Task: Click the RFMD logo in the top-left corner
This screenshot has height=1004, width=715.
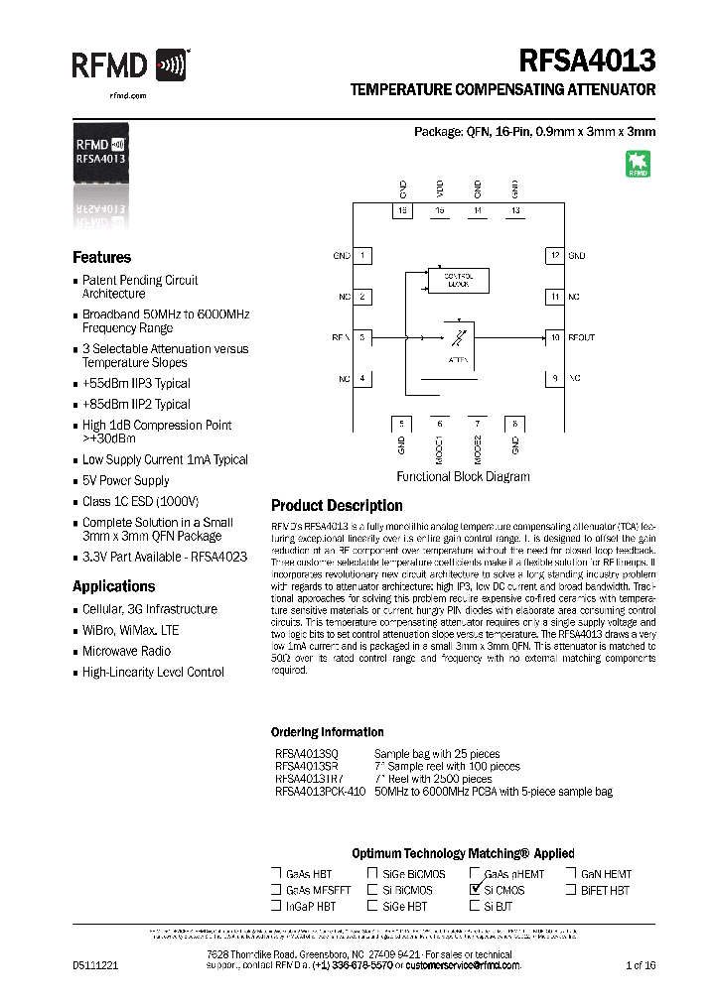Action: pyautogui.click(x=129, y=66)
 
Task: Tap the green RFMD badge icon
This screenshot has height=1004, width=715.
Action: pyautogui.click(x=638, y=164)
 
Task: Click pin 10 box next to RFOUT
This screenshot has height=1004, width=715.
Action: pyautogui.click(x=554, y=337)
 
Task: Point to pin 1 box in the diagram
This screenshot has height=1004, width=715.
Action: pyautogui.click(x=364, y=256)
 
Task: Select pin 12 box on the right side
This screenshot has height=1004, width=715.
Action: pyautogui.click(x=554, y=256)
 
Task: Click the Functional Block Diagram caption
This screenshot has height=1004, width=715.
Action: pyautogui.click(x=463, y=477)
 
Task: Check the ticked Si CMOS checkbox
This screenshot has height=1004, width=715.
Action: pyautogui.click(x=475, y=891)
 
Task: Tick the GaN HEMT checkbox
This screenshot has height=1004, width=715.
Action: pyautogui.click(x=571, y=874)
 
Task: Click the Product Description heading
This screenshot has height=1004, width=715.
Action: pyautogui.click(x=337, y=506)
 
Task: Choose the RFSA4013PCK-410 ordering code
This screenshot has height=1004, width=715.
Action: pyautogui.click(x=320, y=792)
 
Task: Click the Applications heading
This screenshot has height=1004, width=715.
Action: pyautogui.click(x=114, y=586)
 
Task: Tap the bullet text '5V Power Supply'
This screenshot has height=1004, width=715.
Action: pyautogui.click(x=125, y=480)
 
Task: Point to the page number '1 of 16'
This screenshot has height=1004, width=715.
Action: pyautogui.click(x=640, y=965)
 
